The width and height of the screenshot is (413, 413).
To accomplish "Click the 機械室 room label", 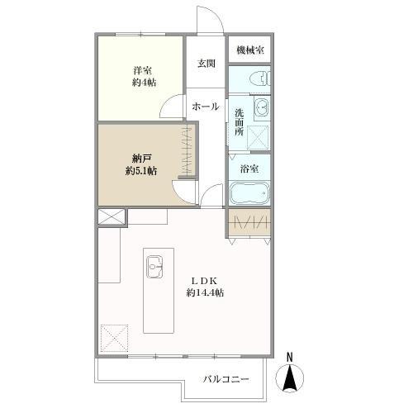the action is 250,50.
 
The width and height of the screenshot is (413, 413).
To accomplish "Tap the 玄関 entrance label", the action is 206,64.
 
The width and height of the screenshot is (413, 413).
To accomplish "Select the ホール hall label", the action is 206,107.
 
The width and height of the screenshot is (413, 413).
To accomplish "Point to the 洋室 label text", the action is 143,70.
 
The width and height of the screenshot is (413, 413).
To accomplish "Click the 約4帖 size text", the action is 144,83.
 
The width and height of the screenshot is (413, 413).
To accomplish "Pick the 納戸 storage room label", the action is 141,159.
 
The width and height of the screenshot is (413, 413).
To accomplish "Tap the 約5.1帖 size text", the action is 141,171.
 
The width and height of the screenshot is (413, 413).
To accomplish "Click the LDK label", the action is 205,281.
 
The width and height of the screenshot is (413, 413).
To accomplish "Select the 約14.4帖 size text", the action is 205,292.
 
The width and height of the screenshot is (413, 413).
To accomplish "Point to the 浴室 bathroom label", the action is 249,169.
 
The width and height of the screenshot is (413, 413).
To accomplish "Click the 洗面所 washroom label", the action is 240,122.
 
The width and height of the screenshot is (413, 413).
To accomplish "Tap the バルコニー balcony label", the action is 225,380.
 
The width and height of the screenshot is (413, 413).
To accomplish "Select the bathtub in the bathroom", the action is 249,192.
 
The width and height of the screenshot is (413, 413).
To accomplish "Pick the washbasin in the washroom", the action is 262,107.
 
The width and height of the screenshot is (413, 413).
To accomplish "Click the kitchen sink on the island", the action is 154,267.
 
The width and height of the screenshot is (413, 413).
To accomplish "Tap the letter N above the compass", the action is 290,358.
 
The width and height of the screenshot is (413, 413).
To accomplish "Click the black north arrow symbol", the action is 290,377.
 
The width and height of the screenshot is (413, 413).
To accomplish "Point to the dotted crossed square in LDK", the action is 115,338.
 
